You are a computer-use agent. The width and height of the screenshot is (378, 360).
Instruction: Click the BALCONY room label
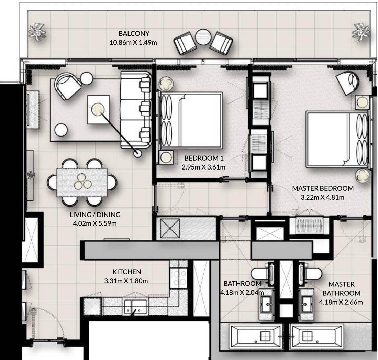(x=134, y=33)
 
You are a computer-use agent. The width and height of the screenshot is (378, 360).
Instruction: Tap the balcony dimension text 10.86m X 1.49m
(x=133, y=43)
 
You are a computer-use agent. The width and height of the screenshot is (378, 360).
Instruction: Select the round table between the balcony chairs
(x=203, y=37)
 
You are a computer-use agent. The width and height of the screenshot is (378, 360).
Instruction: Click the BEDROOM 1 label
(x=204, y=158)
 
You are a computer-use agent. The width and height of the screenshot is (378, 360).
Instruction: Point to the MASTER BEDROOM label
(x=323, y=188)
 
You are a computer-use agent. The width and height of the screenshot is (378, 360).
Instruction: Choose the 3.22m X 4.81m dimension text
(x=323, y=197)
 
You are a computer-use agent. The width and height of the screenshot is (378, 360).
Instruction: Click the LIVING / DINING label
(x=95, y=215)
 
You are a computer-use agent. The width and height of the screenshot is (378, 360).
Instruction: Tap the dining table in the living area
(x=82, y=183)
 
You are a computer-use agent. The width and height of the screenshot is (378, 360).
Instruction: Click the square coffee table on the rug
(x=99, y=110)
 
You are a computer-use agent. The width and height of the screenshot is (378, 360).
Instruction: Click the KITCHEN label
(x=126, y=272)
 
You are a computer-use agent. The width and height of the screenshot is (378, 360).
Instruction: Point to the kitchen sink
(x=135, y=307)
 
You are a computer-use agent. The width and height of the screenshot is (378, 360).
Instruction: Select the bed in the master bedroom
(x=337, y=139)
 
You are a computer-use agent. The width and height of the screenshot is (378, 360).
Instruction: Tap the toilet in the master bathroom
(x=311, y=274)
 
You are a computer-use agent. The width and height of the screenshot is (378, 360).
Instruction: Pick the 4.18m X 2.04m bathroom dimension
(x=242, y=293)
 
